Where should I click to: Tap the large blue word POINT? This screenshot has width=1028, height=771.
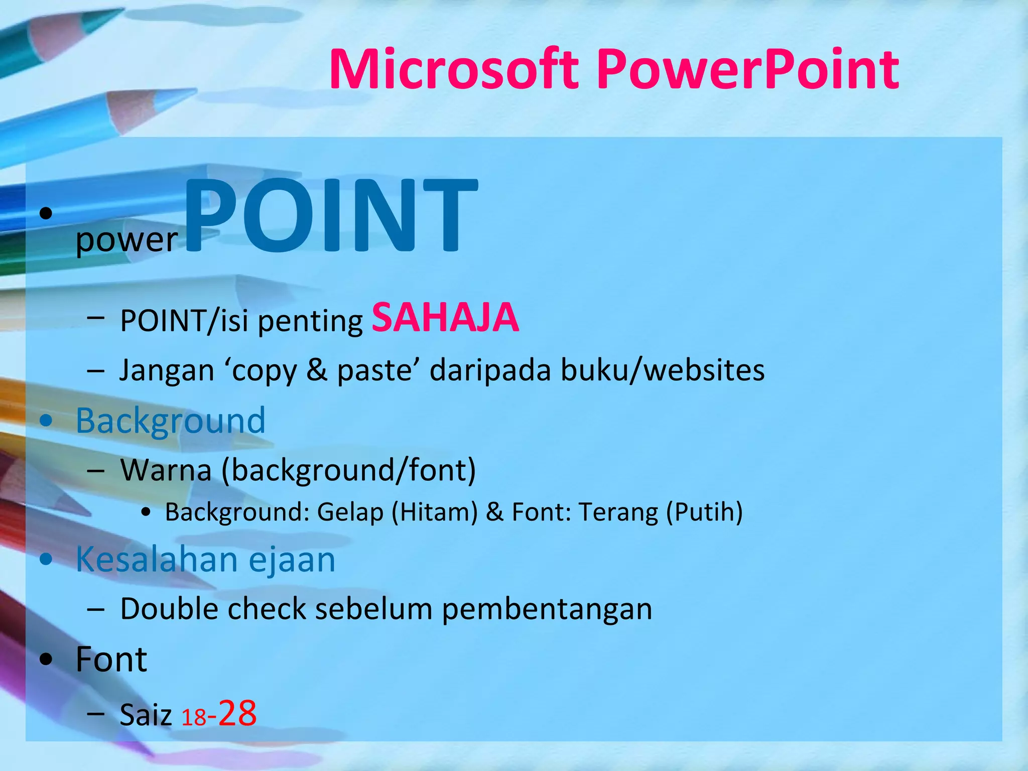tap(331, 216)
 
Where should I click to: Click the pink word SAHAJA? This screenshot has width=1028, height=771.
tap(445, 318)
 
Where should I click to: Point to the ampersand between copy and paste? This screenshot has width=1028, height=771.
tap(317, 370)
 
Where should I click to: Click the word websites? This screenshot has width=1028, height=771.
tap(704, 370)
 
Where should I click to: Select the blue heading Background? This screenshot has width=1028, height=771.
tap(171, 421)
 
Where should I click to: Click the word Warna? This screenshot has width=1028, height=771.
tap(166, 470)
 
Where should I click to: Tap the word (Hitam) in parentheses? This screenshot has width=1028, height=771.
tap(434, 512)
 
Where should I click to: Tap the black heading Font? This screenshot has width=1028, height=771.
tap(111, 659)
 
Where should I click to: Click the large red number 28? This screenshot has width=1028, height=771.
tap(237, 713)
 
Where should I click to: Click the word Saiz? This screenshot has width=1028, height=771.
tap(146, 715)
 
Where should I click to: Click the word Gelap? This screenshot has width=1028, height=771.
tap(350, 512)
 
